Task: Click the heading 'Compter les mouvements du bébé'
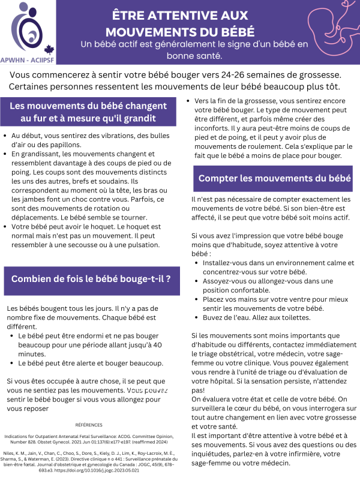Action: tap(275, 178)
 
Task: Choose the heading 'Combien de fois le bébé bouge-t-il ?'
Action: tap(91, 278)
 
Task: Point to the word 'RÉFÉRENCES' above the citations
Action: tap(89, 424)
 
